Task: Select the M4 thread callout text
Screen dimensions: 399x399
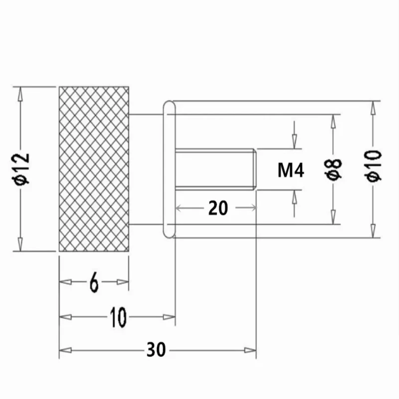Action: tap(291, 170)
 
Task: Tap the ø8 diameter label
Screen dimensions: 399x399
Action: tap(333, 169)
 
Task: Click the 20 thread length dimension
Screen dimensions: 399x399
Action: tap(218, 208)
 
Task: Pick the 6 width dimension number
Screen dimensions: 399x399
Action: tap(94, 282)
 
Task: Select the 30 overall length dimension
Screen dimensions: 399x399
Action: tap(156, 350)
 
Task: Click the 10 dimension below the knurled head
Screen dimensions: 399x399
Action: tap(118, 317)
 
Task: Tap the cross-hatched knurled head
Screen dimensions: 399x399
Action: tap(94, 169)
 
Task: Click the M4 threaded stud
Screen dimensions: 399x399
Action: tap(215, 169)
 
